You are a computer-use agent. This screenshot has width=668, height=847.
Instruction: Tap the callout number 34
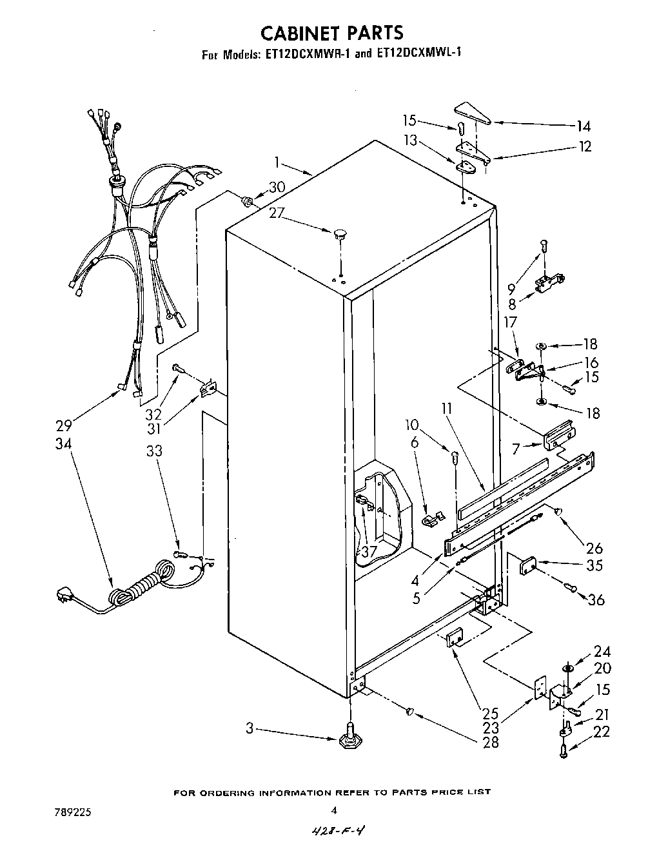coord(63,443)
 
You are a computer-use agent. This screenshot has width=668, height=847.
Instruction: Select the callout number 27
coord(277,213)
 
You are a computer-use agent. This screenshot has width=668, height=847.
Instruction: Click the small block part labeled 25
coord(454,638)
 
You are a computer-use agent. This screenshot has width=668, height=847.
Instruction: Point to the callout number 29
coord(63,425)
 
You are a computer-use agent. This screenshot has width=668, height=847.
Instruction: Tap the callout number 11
coord(447,408)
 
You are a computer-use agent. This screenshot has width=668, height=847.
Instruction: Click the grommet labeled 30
coord(246,202)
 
